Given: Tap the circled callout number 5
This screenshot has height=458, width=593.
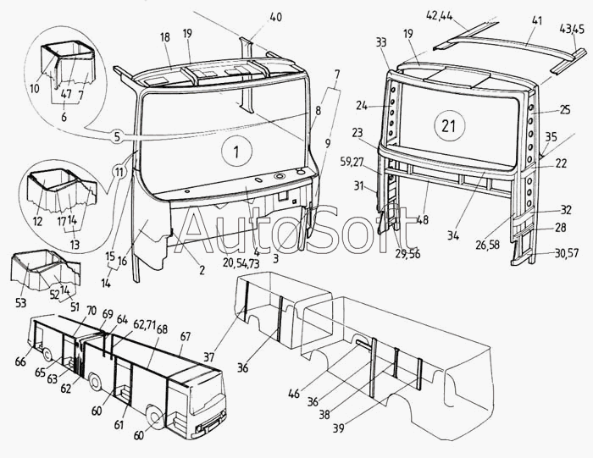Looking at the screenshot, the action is tap(118, 135).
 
